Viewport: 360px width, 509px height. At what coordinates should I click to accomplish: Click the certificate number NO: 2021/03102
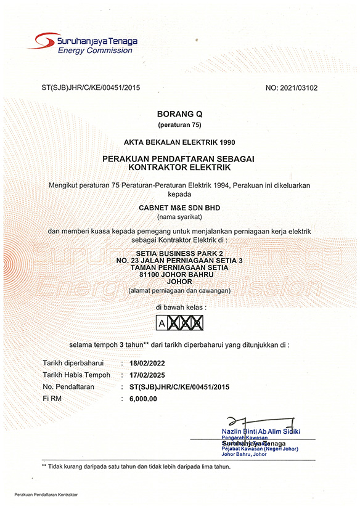[291, 88]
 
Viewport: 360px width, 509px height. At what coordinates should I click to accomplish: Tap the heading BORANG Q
[179, 115]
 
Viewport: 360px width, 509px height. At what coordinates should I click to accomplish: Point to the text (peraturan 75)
[179, 126]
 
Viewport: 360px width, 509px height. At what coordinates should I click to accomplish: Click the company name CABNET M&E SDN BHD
[179, 208]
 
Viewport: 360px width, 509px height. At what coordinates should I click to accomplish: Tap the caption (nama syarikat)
[179, 218]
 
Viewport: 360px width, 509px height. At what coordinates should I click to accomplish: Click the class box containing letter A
[162, 322]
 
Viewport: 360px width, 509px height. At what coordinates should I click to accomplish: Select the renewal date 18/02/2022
[148, 363]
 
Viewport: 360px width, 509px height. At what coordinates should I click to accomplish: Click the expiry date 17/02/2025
[148, 375]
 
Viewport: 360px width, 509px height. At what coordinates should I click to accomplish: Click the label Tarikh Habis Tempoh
[76, 375]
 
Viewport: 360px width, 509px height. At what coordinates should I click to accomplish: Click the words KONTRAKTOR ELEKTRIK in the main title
[179, 167]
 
